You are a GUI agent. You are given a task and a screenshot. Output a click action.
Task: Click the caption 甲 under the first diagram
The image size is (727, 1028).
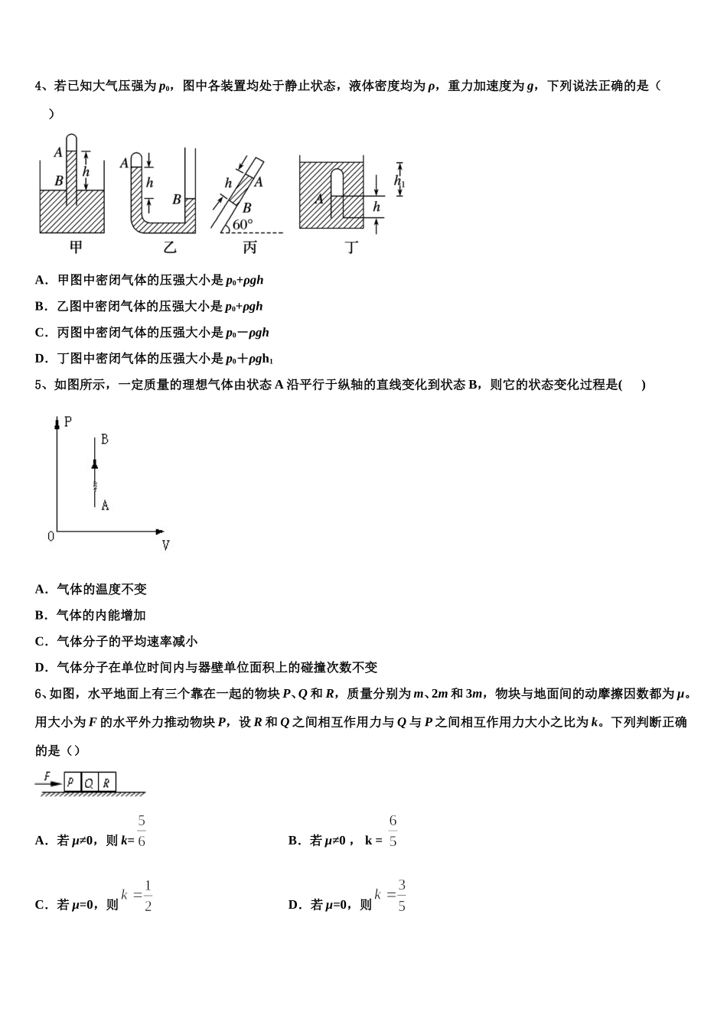tap(76, 247)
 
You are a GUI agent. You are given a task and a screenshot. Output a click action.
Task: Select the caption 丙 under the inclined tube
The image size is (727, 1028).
tap(249, 247)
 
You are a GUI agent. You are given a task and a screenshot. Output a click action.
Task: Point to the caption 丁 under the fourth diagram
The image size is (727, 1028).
tap(351, 247)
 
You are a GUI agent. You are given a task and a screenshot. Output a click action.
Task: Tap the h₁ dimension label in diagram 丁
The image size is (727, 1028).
tap(399, 181)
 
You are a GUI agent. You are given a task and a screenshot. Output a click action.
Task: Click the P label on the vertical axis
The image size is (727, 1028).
tap(68, 421)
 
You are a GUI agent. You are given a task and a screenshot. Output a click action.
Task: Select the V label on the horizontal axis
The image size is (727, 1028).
tap(165, 545)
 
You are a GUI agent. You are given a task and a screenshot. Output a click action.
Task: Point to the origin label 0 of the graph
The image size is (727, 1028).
tap(51, 537)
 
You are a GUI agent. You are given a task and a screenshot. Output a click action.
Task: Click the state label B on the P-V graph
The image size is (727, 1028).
tap(105, 439)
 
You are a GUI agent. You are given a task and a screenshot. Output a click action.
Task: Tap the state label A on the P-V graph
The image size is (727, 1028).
tap(105, 505)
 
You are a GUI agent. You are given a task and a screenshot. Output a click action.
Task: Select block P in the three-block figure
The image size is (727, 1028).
tap(71, 782)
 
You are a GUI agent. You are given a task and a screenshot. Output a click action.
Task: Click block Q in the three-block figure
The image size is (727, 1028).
tap(89, 782)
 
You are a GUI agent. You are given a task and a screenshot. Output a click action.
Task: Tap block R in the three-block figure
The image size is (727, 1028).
tap(107, 782)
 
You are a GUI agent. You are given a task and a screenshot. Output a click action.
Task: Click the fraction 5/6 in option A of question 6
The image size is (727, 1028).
tap(142, 831)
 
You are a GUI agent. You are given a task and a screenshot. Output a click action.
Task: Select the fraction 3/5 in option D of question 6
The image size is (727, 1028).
tap(402, 896)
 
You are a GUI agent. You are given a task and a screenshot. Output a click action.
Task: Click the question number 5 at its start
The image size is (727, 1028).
tap(39, 385)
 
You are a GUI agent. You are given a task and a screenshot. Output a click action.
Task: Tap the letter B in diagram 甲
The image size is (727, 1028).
tap(59, 181)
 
